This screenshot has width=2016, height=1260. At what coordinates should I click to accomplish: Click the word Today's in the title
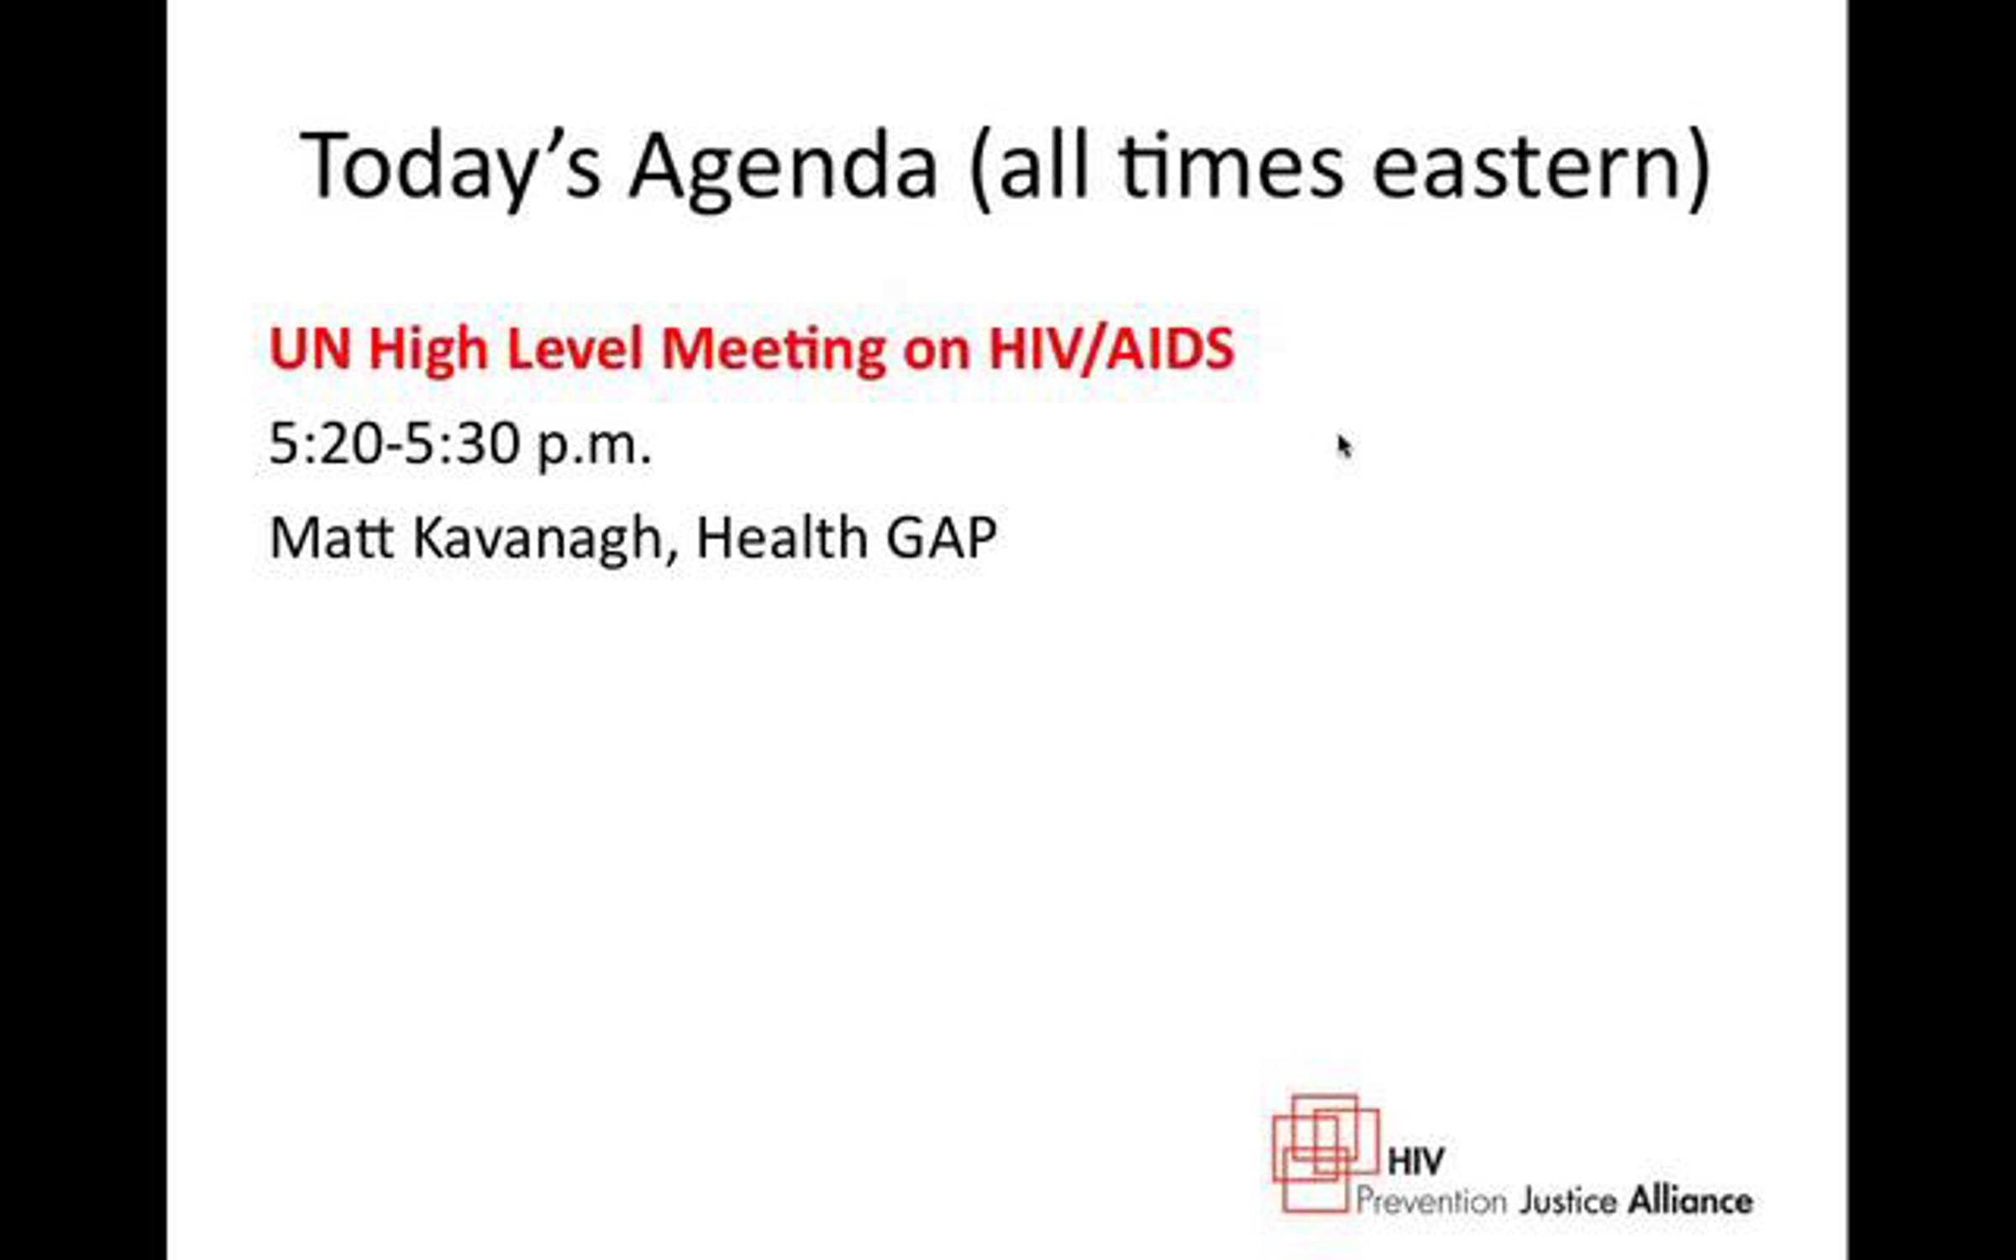coord(451,165)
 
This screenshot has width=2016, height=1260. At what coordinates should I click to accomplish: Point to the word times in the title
coord(1231,167)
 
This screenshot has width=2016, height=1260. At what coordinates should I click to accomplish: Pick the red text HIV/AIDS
coord(1111,348)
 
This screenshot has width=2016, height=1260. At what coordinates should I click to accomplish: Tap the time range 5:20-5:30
coord(393,444)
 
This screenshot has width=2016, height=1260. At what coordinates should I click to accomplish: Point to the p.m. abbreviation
coord(594,447)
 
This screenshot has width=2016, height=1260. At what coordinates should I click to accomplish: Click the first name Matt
coord(331,538)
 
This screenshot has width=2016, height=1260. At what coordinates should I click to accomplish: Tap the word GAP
coord(942,538)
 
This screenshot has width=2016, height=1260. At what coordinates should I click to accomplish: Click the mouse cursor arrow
coord(1344,445)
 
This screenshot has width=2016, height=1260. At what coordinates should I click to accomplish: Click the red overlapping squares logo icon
coord(1326,1153)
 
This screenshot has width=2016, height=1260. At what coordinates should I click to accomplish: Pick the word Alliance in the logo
coord(1691,1200)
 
